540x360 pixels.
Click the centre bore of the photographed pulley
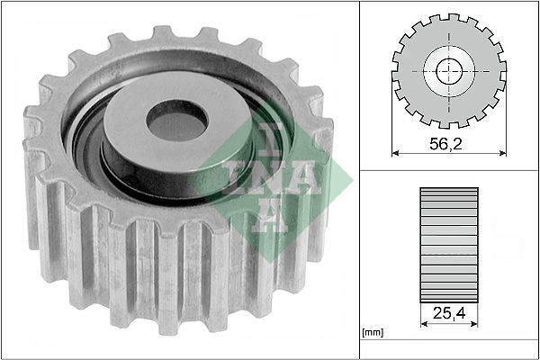click(177, 121)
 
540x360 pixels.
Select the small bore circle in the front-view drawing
click(447, 72)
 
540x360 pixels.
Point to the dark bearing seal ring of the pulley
click(90, 144)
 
